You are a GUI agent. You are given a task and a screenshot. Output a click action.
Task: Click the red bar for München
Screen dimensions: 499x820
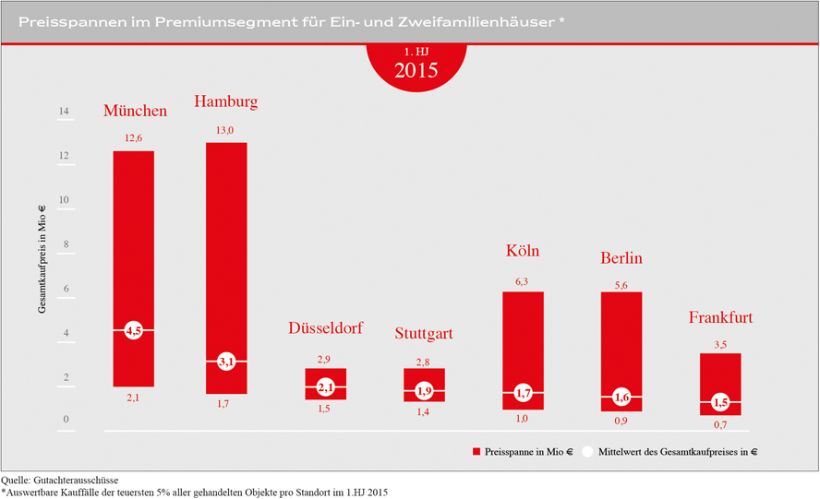pyautogui.click(x=133, y=240)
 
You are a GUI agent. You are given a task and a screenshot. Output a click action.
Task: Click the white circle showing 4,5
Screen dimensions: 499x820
pyautogui.click(x=133, y=330)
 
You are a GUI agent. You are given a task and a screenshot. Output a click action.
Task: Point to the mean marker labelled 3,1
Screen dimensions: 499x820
pyautogui.click(x=226, y=362)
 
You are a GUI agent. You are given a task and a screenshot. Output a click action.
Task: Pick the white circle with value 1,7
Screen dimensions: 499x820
pyautogui.click(x=523, y=394)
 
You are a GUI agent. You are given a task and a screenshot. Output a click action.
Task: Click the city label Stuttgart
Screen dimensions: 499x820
pyautogui.click(x=424, y=334)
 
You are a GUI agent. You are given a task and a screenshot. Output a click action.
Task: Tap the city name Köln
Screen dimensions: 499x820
pyautogui.click(x=523, y=251)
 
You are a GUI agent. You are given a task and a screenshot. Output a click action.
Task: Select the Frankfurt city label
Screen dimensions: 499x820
pyautogui.click(x=720, y=318)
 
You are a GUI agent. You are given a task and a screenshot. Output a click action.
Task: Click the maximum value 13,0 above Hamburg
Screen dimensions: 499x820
pyautogui.click(x=226, y=131)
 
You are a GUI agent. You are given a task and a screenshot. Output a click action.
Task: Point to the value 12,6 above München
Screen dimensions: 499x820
pyautogui.click(x=133, y=138)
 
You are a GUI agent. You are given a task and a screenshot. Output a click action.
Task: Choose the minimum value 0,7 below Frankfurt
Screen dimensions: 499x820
pyautogui.click(x=720, y=425)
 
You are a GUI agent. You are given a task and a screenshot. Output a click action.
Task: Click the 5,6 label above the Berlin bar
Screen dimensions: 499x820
pyautogui.click(x=621, y=286)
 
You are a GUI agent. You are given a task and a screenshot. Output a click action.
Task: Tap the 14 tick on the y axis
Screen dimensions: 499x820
pyautogui.click(x=64, y=113)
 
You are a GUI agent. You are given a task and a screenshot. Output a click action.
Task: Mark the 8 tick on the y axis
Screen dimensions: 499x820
pyautogui.click(x=65, y=245)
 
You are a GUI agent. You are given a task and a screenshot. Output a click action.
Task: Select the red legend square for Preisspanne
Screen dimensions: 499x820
pyautogui.click(x=477, y=452)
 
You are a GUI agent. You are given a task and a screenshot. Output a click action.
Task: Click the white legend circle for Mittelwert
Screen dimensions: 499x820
pyautogui.click(x=587, y=452)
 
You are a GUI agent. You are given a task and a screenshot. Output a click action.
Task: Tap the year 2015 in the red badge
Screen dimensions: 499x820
pyautogui.click(x=416, y=70)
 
